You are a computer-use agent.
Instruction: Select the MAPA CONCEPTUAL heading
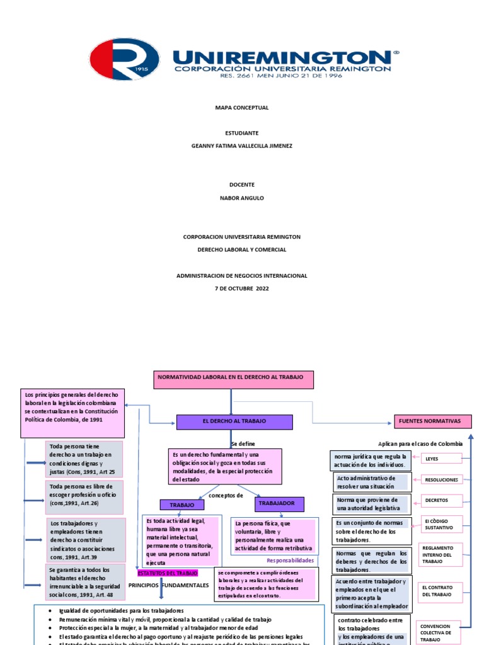tap(242, 108)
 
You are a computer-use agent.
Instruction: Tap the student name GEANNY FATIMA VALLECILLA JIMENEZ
tap(242, 146)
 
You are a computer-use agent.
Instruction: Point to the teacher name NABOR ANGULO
tap(242, 198)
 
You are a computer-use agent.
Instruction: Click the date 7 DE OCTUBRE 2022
tap(242, 288)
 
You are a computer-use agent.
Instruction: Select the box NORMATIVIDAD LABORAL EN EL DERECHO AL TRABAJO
tap(233, 380)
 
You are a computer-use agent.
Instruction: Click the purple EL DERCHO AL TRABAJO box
tap(234, 421)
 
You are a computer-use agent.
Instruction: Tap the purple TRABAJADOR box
tap(279, 504)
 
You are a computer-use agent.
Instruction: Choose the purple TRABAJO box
tap(182, 505)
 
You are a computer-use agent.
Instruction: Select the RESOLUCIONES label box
tap(441, 480)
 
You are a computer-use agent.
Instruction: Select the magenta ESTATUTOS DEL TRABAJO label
tap(168, 573)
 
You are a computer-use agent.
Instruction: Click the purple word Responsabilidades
tap(290, 560)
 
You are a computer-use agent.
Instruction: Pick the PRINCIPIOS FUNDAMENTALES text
tap(168, 585)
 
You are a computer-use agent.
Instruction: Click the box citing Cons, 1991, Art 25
tap(85, 459)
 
